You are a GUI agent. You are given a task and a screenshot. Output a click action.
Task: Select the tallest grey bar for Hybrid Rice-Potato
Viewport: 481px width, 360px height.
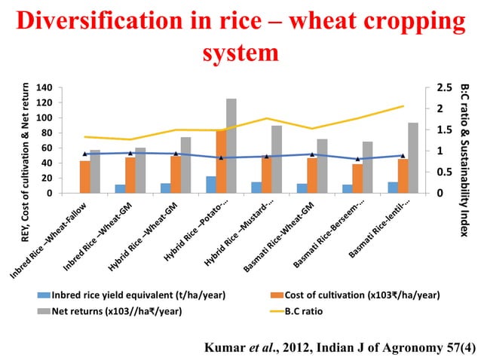coord(231,146)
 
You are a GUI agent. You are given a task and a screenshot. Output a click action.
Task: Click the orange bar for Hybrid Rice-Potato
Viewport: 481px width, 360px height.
coord(221,162)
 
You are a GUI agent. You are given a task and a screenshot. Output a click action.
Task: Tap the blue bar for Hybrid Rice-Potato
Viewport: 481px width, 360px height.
coord(211,185)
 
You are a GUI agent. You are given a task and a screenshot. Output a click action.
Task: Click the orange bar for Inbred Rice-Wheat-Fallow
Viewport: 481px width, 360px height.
coord(85,177)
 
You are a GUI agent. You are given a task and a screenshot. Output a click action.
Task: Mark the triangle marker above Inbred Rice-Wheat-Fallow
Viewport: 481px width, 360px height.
coord(85,154)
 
